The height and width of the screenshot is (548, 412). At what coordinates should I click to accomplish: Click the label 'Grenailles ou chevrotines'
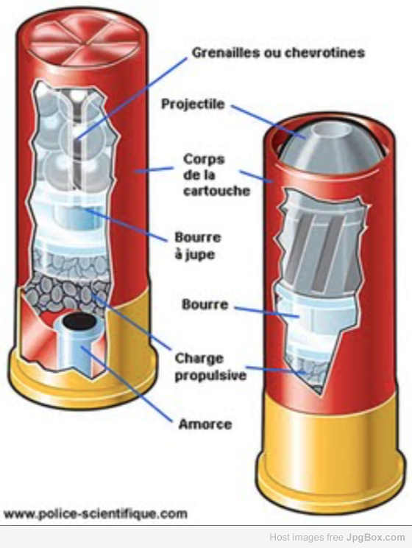(278, 52)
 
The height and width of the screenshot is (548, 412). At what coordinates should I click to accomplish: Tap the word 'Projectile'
(193, 104)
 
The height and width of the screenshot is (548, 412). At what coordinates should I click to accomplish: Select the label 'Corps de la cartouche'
(216, 175)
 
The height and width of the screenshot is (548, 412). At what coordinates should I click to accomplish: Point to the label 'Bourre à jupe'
(198, 246)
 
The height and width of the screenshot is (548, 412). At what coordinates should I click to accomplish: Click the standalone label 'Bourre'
(205, 304)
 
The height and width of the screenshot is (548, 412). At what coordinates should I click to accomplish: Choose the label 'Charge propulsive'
(210, 367)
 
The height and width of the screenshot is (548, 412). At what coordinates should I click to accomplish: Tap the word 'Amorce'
(205, 424)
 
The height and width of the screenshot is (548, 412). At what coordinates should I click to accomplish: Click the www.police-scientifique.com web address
(96, 514)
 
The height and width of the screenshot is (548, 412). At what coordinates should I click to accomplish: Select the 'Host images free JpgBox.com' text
(337, 537)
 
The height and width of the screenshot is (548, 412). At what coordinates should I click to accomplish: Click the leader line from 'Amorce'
(127, 384)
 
